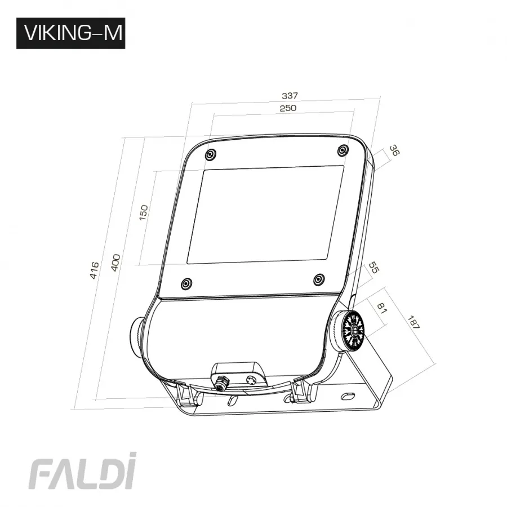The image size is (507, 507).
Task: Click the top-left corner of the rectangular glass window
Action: pos(204,171)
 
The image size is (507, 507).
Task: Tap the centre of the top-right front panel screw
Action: pos(343,150)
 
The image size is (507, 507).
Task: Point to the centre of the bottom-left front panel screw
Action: pos(186,283)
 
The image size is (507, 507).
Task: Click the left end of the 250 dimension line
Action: pos(214,114)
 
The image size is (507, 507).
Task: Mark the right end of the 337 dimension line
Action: pos(381,97)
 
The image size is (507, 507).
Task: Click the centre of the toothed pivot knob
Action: pos(354,331)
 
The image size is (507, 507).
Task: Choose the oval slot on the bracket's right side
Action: pos(348,395)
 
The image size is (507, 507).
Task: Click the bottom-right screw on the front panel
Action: pos(319,279)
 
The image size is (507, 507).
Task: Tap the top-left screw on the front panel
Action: pos(211,154)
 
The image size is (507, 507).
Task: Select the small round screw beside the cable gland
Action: pos(251,380)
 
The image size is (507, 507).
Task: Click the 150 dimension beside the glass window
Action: pos(143,212)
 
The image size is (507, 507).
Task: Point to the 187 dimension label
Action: pos(413,322)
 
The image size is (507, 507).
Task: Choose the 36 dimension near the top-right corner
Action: pos(394,150)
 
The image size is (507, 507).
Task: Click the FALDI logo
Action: pos(82,471)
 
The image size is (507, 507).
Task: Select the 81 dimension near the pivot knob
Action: pos(382,309)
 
